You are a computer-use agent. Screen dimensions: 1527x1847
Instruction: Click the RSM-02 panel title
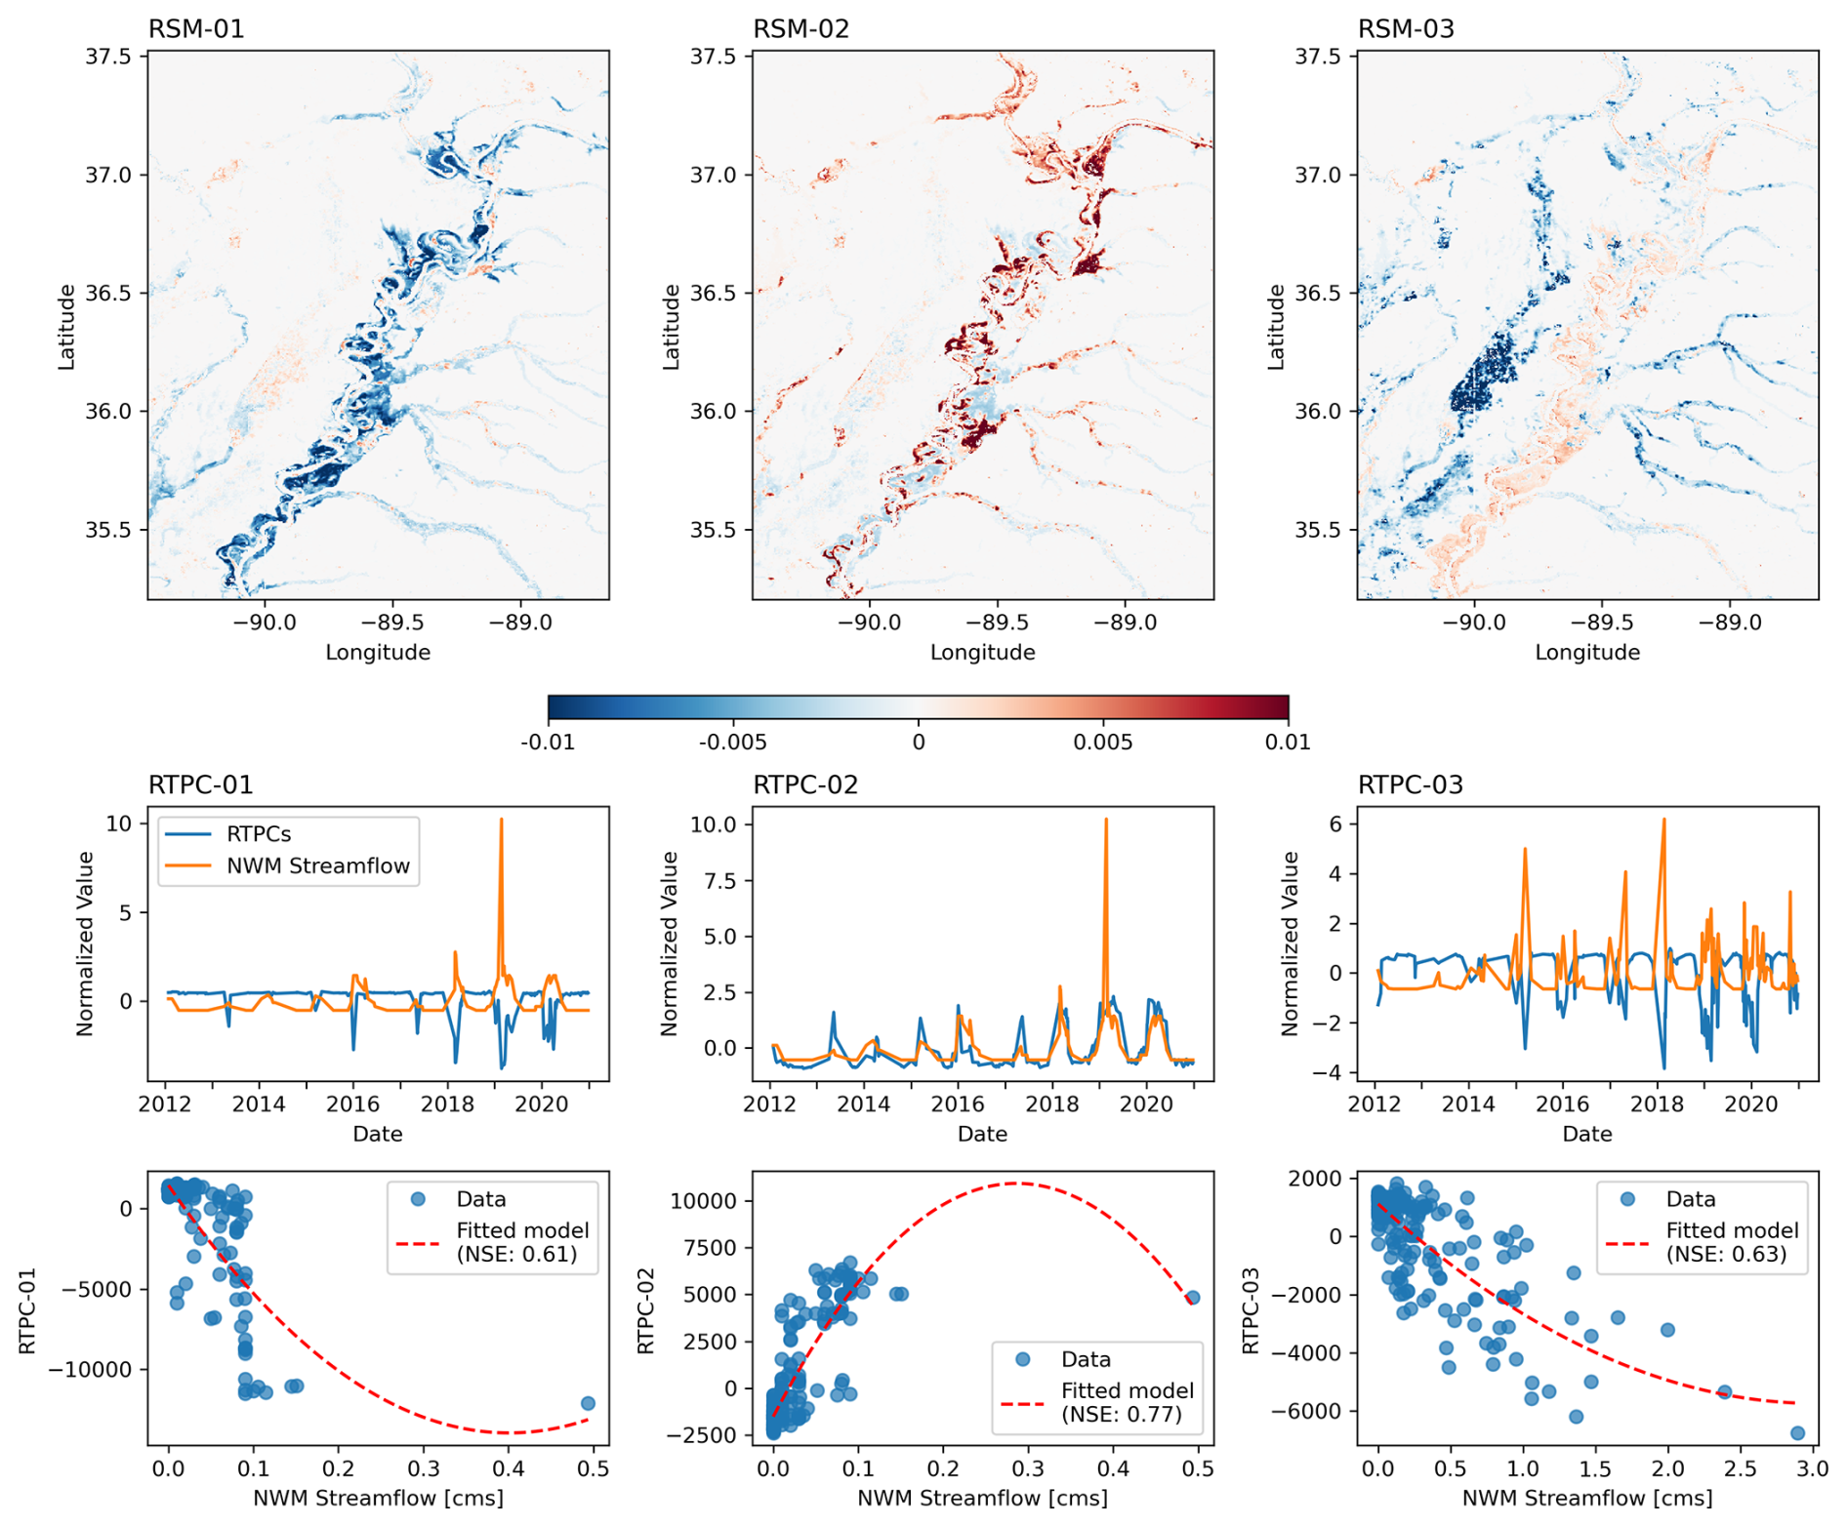point(800,29)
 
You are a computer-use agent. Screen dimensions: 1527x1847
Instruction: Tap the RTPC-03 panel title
point(1410,784)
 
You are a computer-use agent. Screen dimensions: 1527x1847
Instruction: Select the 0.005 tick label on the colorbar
point(1103,743)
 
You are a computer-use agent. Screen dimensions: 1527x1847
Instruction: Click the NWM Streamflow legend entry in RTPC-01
point(317,866)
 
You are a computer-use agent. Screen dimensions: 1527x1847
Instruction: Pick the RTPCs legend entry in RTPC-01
point(259,834)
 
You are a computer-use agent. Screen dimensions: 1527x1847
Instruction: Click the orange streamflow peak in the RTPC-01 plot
point(502,822)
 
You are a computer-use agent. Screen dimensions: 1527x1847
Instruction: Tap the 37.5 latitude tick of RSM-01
point(107,57)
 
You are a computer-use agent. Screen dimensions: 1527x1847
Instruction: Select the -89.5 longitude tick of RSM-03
point(1602,623)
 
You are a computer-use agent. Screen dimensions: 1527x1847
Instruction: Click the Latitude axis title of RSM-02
point(671,327)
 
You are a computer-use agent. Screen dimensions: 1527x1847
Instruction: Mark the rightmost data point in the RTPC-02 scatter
point(1193,1298)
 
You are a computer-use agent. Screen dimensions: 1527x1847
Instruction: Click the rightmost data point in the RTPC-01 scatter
point(588,1403)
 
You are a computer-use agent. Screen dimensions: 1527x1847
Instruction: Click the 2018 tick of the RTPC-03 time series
point(1658,1104)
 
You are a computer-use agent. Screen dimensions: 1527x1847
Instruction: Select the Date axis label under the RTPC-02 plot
point(982,1134)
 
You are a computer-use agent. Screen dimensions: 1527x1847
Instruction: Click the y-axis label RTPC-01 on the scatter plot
point(26,1310)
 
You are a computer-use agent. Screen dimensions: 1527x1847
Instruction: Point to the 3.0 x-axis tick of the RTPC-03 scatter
point(1813,1468)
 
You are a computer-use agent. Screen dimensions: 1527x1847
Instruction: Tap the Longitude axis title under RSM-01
point(378,652)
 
